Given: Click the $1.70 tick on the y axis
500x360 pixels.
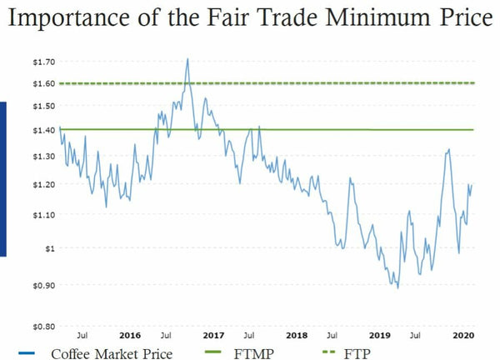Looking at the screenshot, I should coord(43,62).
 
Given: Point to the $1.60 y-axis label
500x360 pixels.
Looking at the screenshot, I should coord(43,83).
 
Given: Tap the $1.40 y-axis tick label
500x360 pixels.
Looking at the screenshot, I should coord(43,130).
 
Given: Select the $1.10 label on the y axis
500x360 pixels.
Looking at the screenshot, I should coord(43,214).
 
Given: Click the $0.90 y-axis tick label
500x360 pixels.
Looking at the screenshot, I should coord(43,285).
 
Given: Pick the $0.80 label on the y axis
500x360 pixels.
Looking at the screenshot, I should coord(43,326).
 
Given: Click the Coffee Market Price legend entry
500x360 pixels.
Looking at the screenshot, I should coord(112,352).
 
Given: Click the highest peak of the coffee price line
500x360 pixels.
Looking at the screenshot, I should coord(187,58).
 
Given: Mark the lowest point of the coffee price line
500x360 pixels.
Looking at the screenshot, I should coord(397,288).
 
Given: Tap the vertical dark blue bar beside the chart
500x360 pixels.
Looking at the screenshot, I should coord(3,178).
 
